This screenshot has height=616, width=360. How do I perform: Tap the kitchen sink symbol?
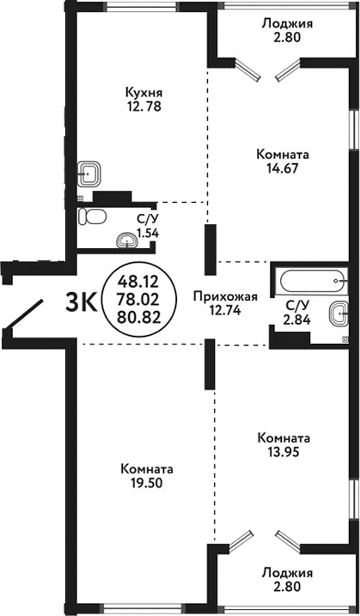click(89, 174)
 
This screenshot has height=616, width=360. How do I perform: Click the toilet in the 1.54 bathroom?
click(92, 216)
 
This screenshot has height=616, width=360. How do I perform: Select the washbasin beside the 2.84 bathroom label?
click(339, 313)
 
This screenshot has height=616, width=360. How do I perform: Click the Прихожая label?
click(227, 297)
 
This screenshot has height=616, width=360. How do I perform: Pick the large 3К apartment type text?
click(82, 302)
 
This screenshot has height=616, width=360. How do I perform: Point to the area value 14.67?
click(283, 168)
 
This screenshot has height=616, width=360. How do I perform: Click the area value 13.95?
click(283, 452)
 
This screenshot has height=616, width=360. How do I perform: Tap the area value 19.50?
click(148, 483)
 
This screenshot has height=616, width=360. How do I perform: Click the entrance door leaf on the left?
click(23, 314)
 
